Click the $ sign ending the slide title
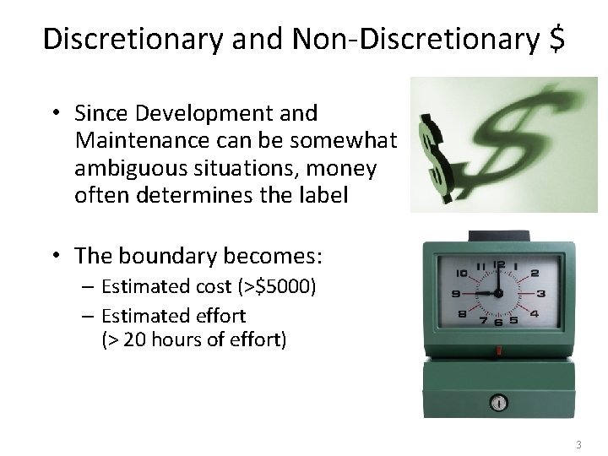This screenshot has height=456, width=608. point(554,39)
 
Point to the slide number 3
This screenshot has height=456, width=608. point(578,444)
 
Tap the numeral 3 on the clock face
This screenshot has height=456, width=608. point(540,293)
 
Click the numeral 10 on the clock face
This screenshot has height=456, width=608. point(460,274)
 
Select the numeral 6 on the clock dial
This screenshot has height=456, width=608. point(500,322)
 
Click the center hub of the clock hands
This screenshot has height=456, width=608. point(499,293)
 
